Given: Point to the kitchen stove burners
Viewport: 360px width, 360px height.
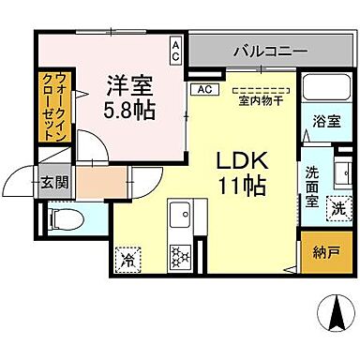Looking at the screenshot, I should click(x=178, y=253).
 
